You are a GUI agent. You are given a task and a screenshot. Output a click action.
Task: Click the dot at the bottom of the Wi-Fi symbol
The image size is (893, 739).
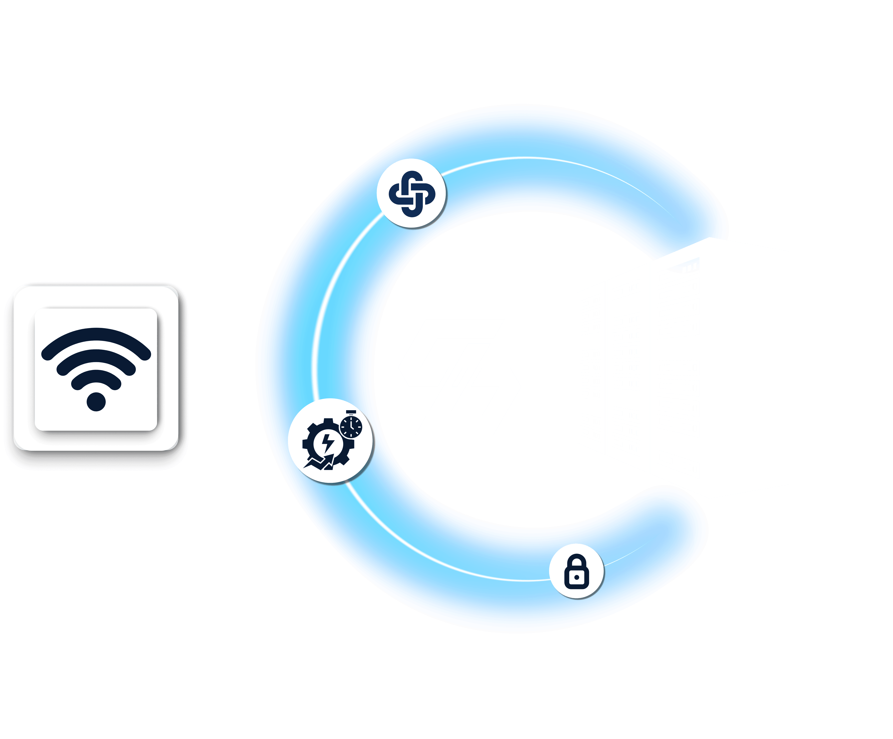coord(96,402)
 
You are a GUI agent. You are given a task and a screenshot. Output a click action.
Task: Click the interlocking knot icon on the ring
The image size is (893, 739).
coord(412,194)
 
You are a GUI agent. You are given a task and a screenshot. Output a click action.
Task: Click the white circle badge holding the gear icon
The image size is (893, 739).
coord(331,440)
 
